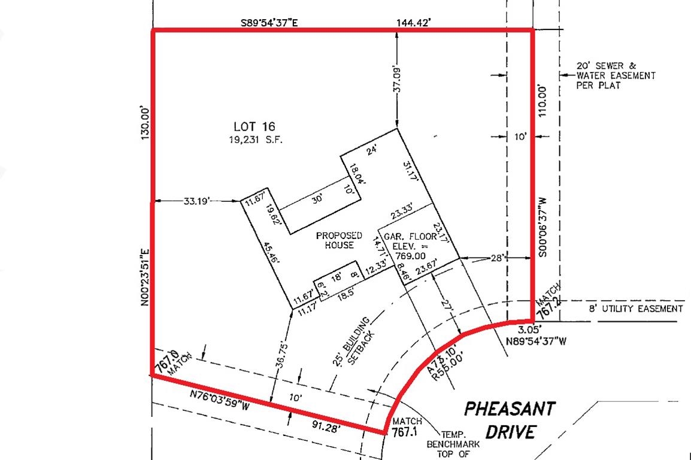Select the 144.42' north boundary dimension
[414, 23]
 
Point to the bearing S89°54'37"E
[270, 23]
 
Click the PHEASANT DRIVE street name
[509, 419]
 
